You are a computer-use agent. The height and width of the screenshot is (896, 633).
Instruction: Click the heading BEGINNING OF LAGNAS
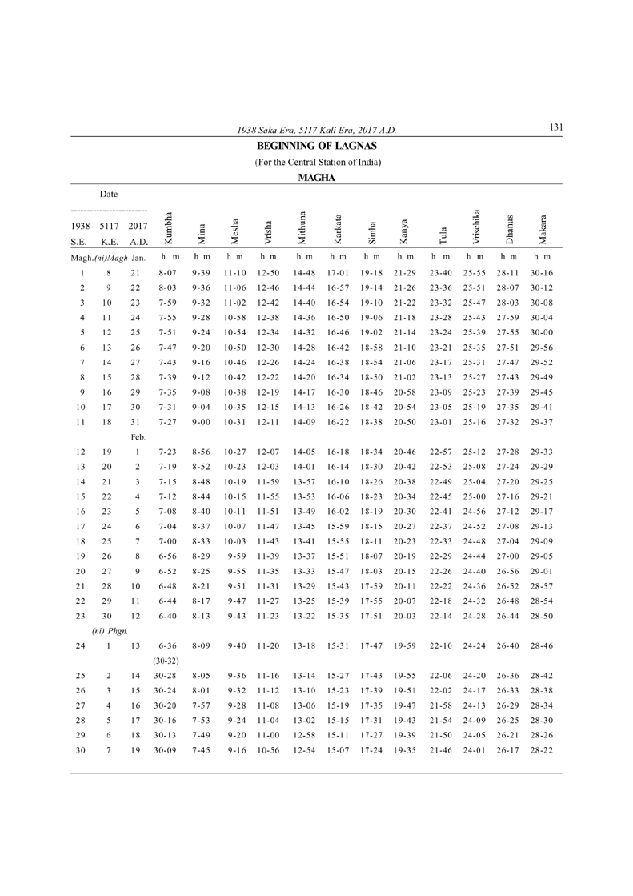(316, 147)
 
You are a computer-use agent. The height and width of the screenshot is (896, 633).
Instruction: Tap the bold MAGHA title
(316, 178)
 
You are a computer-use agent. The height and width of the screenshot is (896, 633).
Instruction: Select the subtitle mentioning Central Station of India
(317, 163)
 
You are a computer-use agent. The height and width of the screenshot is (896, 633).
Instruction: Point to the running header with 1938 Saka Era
(317, 130)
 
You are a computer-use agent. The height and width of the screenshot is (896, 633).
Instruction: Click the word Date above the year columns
(108, 194)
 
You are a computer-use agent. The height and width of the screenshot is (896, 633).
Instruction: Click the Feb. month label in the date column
(138, 437)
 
